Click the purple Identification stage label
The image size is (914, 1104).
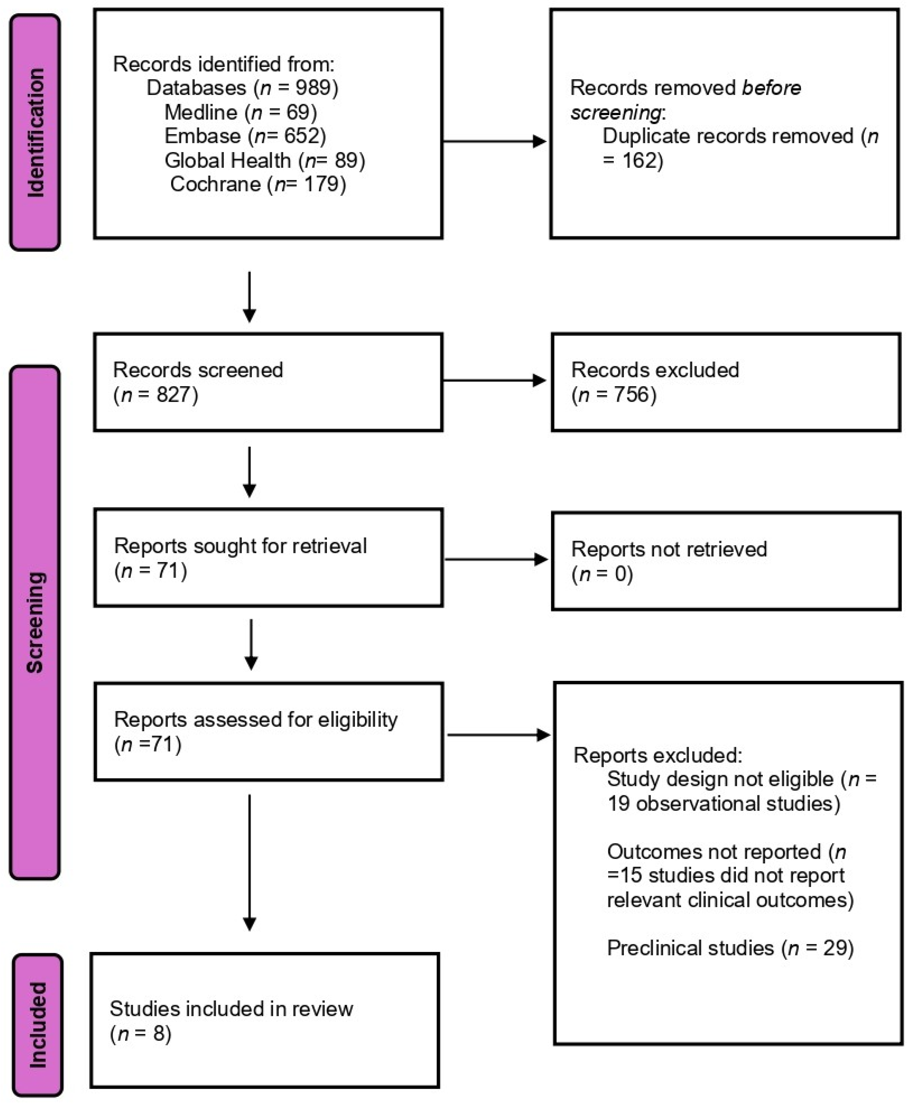click(x=35, y=132)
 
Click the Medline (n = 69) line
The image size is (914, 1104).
click(x=241, y=112)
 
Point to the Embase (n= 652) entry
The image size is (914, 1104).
click(x=245, y=136)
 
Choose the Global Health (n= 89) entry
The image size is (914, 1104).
click(x=264, y=160)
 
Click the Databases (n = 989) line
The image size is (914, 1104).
click(x=242, y=88)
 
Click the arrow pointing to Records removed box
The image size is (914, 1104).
click(x=495, y=142)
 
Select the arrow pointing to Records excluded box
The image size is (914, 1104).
click(x=495, y=381)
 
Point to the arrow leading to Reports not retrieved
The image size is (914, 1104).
click(x=496, y=559)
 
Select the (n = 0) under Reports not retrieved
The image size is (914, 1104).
click(x=602, y=574)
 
